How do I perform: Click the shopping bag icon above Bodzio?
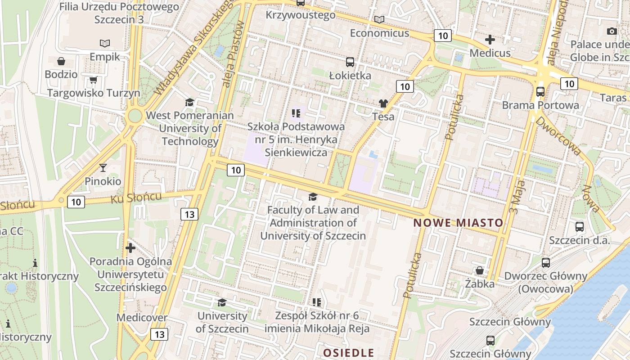(x=61, y=61)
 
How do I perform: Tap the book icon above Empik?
(x=105, y=43)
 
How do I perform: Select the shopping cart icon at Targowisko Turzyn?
(x=93, y=80)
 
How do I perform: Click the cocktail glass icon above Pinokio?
(x=103, y=168)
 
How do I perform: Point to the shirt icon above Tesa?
(x=383, y=103)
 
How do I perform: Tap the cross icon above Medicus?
(x=490, y=40)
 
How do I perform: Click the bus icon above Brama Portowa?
(x=540, y=92)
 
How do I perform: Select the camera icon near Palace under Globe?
(x=612, y=31)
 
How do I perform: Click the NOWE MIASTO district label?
(x=458, y=223)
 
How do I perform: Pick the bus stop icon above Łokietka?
(x=350, y=62)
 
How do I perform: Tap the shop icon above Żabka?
(x=480, y=270)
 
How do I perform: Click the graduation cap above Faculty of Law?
(x=313, y=197)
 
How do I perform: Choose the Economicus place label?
(x=379, y=33)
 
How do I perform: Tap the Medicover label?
(x=142, y=318)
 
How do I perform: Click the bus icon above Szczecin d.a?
(x=580, y=227)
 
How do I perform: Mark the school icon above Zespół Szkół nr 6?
(x=317, y=302)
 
